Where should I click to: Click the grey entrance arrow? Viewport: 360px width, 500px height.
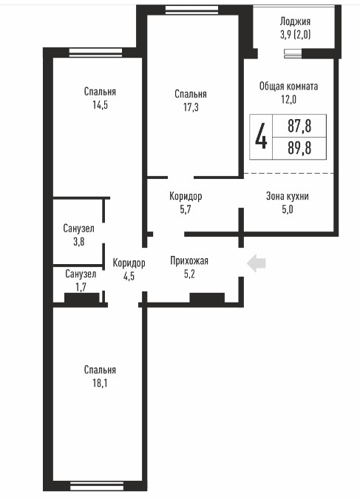point(257,263)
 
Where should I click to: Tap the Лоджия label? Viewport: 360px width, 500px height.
point(295,21)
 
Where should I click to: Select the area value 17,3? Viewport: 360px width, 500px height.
point(191,107)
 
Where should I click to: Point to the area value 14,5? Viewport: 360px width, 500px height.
point(100,105)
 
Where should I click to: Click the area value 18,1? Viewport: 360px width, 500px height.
point(100,383)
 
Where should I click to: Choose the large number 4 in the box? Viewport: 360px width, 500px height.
point(261,137)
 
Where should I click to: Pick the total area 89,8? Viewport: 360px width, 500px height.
point(299,148)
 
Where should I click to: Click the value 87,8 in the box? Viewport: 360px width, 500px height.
point(299,126)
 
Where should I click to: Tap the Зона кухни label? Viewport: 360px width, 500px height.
point(288,196)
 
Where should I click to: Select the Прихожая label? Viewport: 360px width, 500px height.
point(189,261)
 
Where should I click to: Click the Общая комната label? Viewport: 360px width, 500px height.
point(288,86)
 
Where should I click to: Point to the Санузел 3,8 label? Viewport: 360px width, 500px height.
point(78,235)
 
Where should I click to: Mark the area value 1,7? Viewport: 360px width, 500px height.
point(81,287)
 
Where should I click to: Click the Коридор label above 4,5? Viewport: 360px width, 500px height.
point(129,263)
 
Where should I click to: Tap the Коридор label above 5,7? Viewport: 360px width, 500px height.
point(186,196)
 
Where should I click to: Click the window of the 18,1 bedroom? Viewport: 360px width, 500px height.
point(97,487)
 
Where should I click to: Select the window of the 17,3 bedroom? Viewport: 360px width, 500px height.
point(192,10)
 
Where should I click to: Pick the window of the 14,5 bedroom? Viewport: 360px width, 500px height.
point(96,53)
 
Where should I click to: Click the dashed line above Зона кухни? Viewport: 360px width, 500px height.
point(289,174)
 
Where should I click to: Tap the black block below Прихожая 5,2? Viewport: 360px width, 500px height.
point(207,298)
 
